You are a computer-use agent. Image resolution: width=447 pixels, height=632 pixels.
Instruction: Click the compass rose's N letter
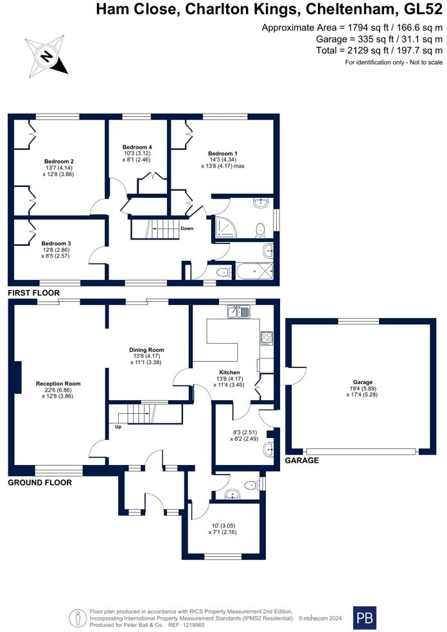[x=47, y=56]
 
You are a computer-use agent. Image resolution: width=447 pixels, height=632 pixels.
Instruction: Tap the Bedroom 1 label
[x=222, y=154]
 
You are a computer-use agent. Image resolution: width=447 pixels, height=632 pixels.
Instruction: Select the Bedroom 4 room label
[x=137, y=147]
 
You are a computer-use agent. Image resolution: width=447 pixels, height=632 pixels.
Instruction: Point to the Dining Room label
[x=146, y=350]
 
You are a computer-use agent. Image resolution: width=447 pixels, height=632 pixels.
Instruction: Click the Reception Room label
[x=58, y=383]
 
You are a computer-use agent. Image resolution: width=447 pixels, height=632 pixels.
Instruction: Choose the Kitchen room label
[x=229, y=373]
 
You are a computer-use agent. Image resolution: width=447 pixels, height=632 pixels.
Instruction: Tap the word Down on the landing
[x=187, y=229]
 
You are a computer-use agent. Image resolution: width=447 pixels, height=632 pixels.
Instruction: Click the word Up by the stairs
[x=118, y=426]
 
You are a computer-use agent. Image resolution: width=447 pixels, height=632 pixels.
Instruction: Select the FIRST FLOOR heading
[x=34, y=293]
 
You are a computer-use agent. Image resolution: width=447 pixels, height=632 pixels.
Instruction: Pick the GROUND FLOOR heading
[x=40, y=482]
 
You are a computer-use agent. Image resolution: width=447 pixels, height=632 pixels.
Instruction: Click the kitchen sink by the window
[x=239, y=312]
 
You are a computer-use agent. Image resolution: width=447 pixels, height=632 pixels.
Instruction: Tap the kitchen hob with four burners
[x=267, y=338]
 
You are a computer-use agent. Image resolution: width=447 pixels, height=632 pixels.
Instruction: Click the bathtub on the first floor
[x=254, y=271]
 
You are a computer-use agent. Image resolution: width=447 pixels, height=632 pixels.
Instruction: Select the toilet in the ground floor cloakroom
[x=252, y=484]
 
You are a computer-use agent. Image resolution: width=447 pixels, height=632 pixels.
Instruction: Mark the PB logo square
[x=365, y=618]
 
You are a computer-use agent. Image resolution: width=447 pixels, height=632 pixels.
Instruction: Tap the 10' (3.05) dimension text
[x=223, y=525]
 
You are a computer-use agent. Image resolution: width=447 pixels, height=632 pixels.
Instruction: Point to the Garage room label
[x=363, y=382]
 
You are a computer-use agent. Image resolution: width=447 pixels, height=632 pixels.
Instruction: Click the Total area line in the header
[x=380, y=50]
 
